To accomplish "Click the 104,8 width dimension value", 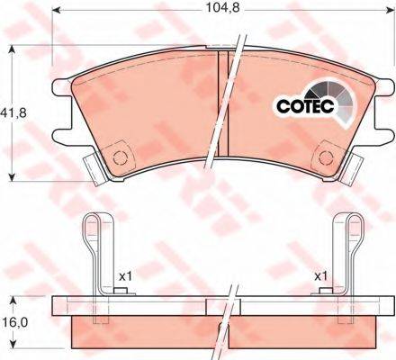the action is coord(222,8).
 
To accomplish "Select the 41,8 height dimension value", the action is coord(13,113).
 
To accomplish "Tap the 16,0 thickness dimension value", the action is coord(15,322).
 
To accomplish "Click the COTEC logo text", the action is coord(305,106).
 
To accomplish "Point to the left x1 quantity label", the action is coord(125,276).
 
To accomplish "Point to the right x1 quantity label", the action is coord(320,276).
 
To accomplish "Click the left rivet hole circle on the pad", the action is coord(120,157).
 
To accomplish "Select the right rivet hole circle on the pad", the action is coord(327,157).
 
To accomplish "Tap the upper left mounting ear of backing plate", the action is coord(62,86).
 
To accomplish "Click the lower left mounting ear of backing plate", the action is coord(62,137).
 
